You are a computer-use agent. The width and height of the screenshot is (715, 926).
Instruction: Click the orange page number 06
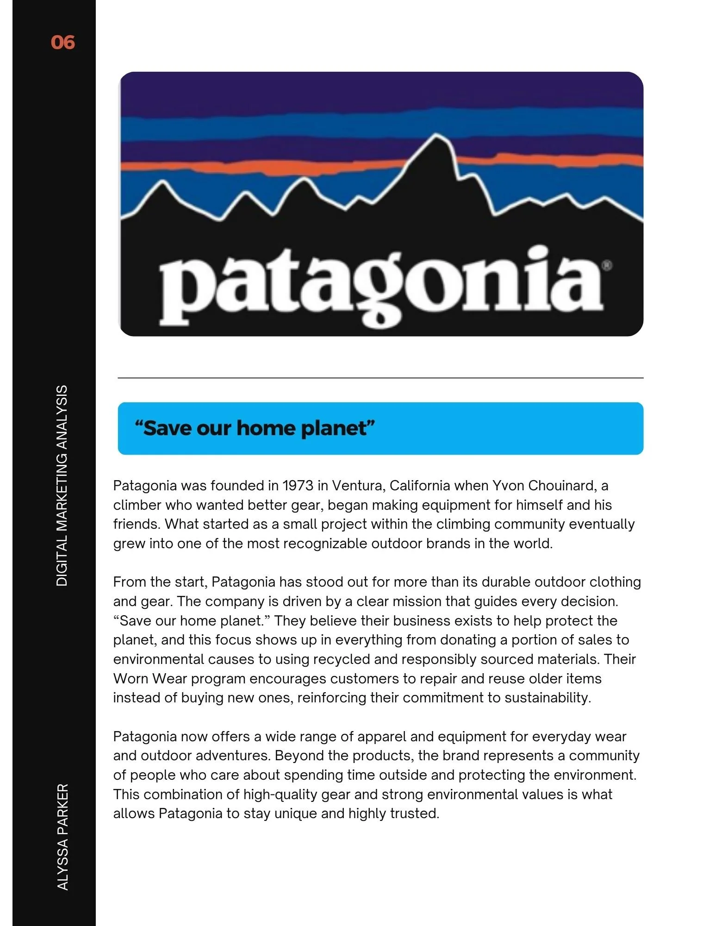(62, 43)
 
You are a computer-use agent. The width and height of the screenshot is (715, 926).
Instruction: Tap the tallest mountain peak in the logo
(435, 139)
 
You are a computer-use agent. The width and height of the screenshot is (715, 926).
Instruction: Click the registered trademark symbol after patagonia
(607, 265)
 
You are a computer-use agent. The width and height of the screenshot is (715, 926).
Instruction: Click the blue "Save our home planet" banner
(380, 428)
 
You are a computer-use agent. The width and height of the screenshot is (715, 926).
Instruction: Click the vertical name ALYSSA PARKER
(62, 836)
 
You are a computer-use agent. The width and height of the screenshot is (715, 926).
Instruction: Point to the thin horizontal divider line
(380, 378)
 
